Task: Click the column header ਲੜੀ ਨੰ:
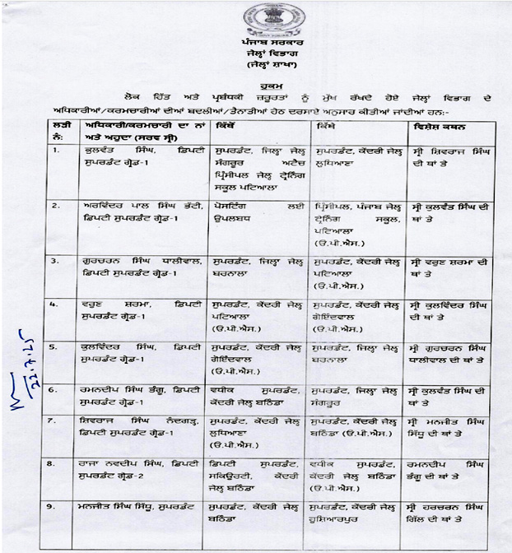point(56,132)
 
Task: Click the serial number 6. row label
point(54,387)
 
